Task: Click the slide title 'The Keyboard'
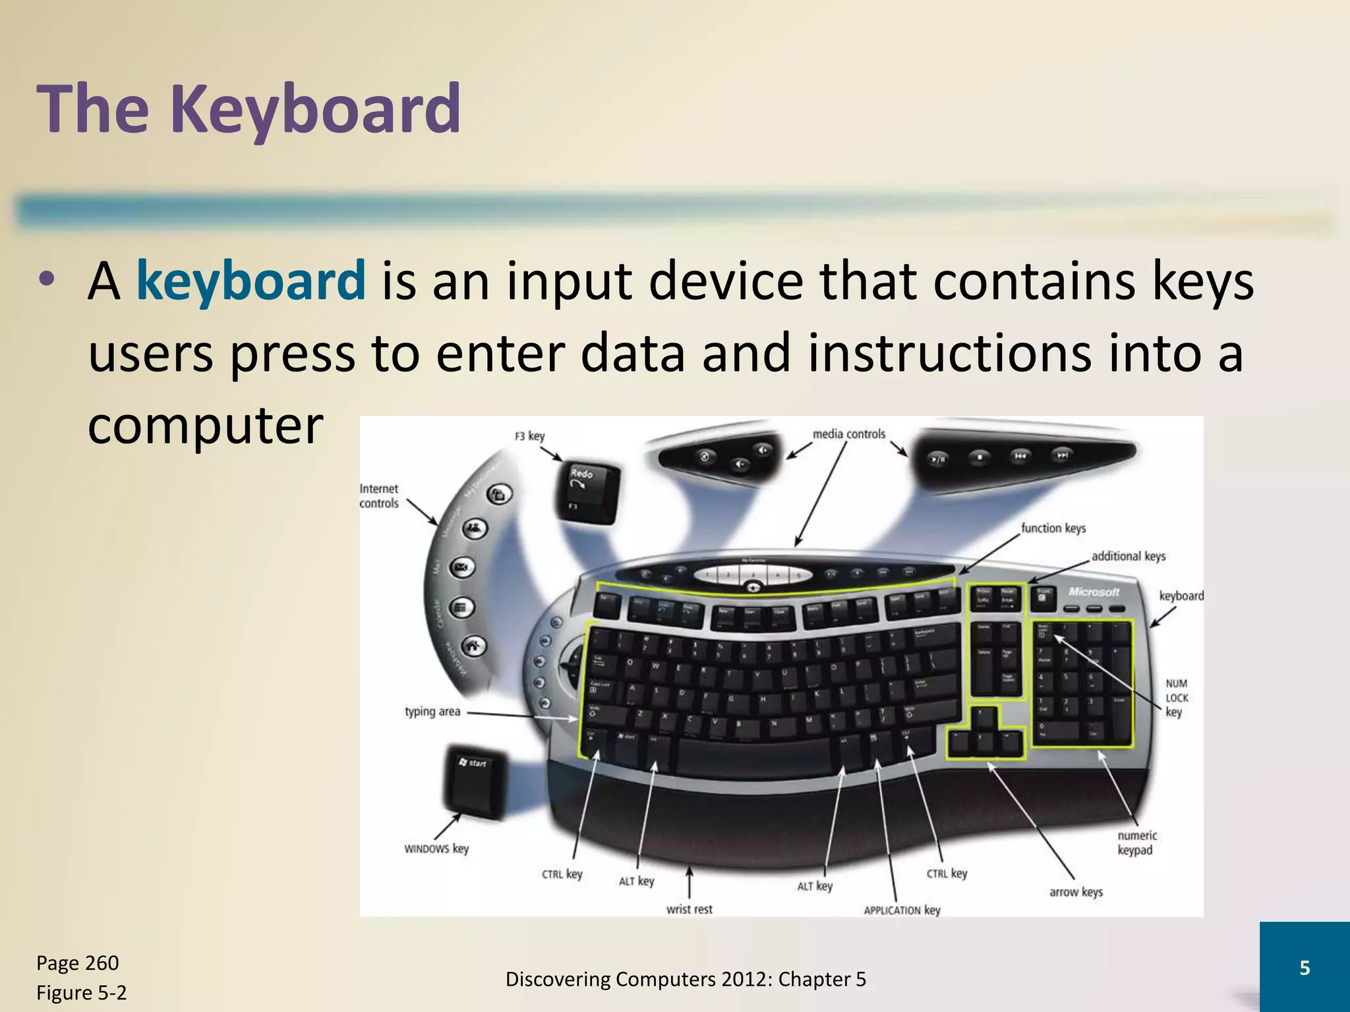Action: [x=249, y=109]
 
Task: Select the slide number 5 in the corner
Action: [x=1304, y=967]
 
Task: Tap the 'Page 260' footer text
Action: [x=77, y=963]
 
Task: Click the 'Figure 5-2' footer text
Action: [x=81, y=992]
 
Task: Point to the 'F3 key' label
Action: [x=529, y=436]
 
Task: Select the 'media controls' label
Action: [x=848, y=434]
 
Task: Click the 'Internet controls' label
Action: [x=379, y=495]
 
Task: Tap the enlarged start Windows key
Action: [x=476, y=781]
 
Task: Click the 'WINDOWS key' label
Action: [x=436, y=849]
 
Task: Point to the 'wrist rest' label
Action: [x=689, y=909]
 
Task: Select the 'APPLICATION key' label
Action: [x=902, y=910]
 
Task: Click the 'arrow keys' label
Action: [x=1076, y=892]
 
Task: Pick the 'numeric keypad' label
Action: [x=1136, y=843]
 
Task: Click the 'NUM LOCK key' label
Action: [x=1177, y=698]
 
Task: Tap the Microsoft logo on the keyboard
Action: [x=1094, y=592]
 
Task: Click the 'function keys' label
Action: [x=1053, y=528]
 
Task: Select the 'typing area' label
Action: [x=432, y=712]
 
